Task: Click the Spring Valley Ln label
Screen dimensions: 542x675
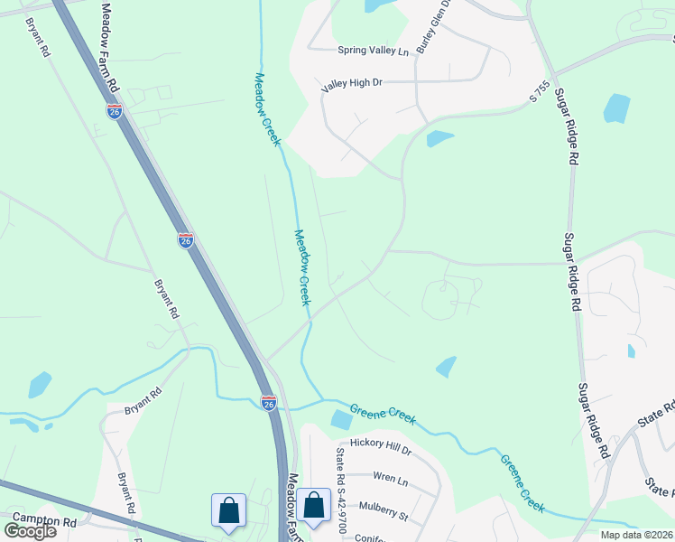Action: pyautogui.click(x=373, y=51)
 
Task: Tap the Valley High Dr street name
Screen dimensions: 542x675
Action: pyautogui.click(x=352, y=83)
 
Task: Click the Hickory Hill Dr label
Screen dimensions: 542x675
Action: pyautogui.click(x=381, y=449)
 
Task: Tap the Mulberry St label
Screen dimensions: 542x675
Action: pyautogui.click(x=384, y=517)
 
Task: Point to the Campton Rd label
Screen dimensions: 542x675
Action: pyautogui.click(x=45, y=522)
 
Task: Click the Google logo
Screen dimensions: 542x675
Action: pyautogui.click(x=30, y=531)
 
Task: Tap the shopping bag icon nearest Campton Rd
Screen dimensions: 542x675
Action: pyautogui.click(x=228, y=509)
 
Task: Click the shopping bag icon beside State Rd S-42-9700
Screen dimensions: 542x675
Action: pyautogui.click(x=314, y=506)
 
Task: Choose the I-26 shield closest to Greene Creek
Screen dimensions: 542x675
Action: pyautogui.click(x=269, y=402)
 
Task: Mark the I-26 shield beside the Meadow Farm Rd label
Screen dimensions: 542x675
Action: pyautogui.click(x=115, y=111)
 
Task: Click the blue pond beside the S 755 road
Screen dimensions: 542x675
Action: pyautogui.click(x=439, y=138)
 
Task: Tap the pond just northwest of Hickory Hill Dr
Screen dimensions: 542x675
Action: pyautogui.click(x=341, y=419)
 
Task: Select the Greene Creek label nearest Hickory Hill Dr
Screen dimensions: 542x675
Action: pyautogui.click(x=383, y=414)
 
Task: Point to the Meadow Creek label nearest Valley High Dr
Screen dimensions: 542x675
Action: pyautogui.click(x=269, y=109)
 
